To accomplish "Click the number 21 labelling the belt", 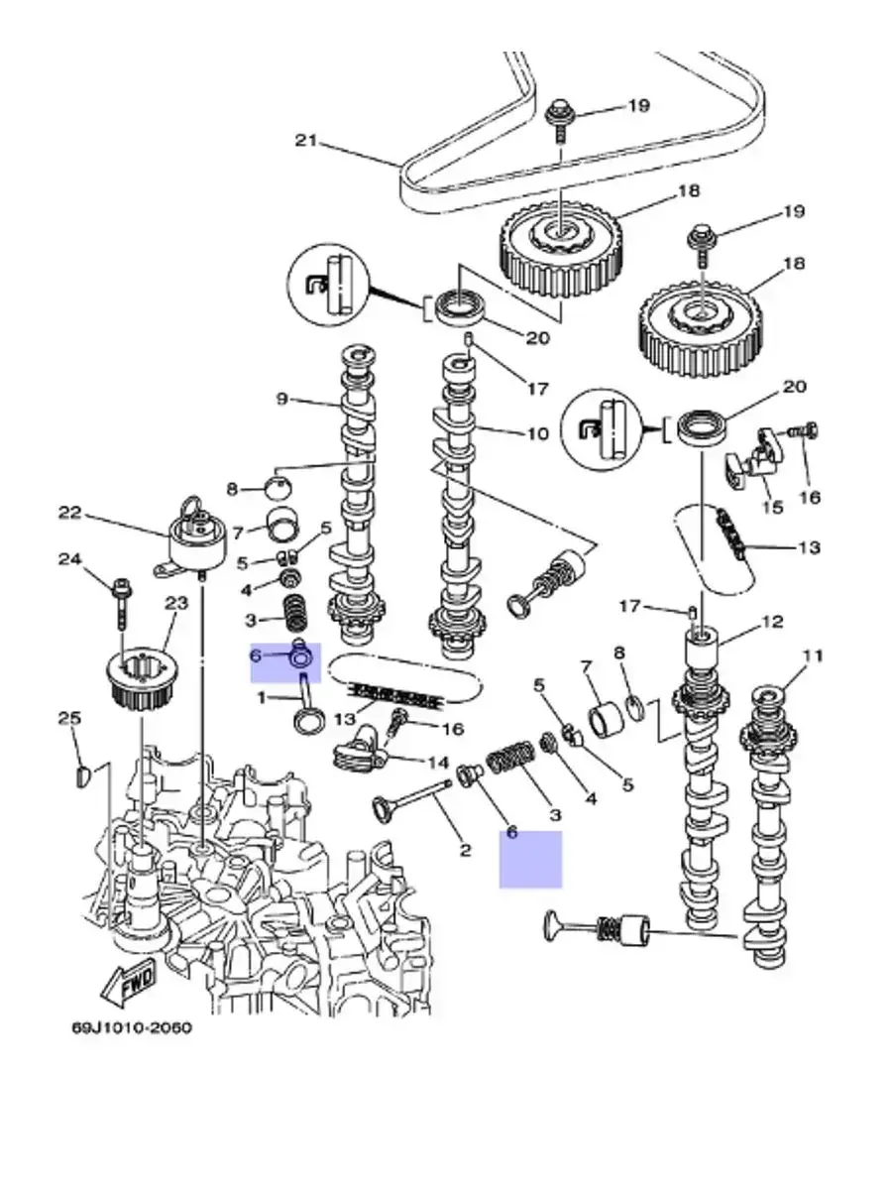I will (305, 141).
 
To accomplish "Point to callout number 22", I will (68, 514).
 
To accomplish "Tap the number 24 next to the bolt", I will (68, 559).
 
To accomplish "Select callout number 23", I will (175, 602).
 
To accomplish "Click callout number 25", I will (68, 718).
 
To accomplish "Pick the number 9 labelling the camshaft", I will (281, 400).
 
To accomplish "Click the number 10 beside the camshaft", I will (536, 433).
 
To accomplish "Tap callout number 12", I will (773, 622).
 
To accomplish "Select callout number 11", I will (813, 655).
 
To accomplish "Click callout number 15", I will (771, 507).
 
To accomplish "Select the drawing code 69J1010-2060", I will (131, 1027).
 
